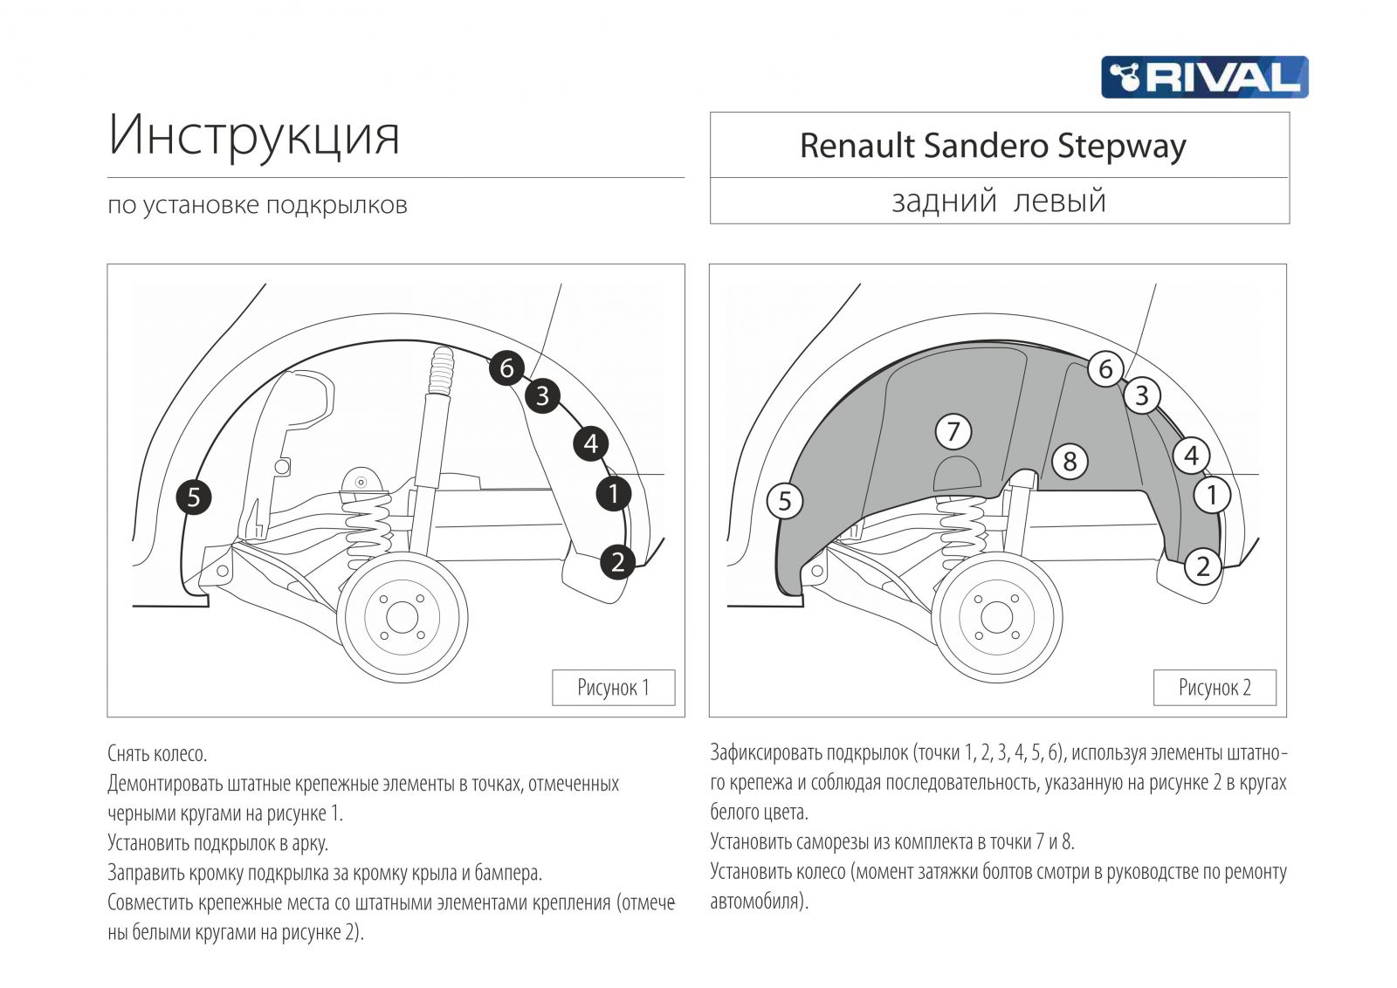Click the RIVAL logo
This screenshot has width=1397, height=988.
point(1204,77)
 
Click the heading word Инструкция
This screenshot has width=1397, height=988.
point(253,135)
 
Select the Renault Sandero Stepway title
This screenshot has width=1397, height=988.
point(993,146)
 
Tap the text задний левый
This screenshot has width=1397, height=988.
point(999,201)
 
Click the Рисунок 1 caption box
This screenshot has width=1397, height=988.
point(613,688)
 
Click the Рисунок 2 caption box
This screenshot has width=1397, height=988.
point(1215,688)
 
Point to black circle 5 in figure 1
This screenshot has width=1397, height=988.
point(194,497)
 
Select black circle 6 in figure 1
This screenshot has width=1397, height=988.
point(506,367)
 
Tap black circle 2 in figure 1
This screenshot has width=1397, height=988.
point(617,561)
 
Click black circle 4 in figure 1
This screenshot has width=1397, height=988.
point(591,444)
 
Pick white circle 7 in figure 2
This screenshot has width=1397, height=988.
point(953,431)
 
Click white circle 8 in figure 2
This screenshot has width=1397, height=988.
point(1070,461)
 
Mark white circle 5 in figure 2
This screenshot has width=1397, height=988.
point(784,501)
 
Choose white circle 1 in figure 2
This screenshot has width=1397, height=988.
point(1211,495)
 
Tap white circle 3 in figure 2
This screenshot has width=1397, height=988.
point(1142,395)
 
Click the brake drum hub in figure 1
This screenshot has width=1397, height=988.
point(402,618)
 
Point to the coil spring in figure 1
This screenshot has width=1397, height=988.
point(368,524)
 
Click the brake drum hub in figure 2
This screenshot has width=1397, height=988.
point(996,617)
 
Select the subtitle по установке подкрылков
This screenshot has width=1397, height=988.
point(258,205)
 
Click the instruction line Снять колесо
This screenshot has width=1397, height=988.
point(157,753)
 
